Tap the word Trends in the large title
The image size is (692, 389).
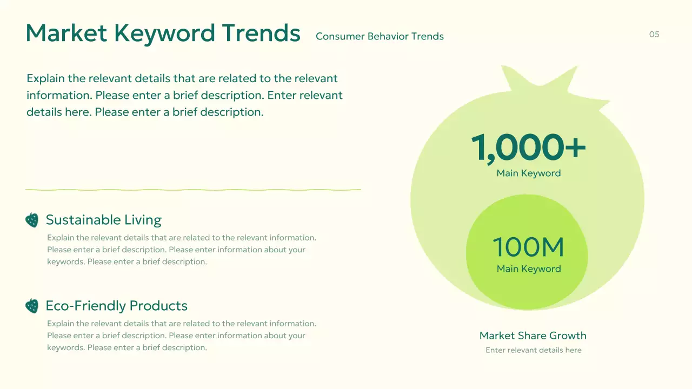point(261,33)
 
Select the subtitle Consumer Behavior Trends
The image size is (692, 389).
point(380,36)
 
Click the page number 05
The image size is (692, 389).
point(654,35)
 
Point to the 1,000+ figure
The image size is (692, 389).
point(528,147)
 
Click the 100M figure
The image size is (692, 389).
point(528,247)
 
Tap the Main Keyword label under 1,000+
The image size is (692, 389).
point(528,173)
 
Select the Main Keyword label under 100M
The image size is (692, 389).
point(528,269)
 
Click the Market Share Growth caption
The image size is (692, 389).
point(533,336)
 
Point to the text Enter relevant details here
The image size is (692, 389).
point(533,350)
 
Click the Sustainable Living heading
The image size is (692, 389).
point(103,220)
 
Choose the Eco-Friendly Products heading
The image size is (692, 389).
point(116,306)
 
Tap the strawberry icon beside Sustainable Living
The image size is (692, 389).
point(32,220)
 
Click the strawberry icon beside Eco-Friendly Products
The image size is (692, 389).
point(32,306)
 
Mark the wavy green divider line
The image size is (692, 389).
point(193,190)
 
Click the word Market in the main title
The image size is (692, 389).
point(66,33)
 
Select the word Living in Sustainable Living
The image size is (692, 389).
point(143,220)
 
